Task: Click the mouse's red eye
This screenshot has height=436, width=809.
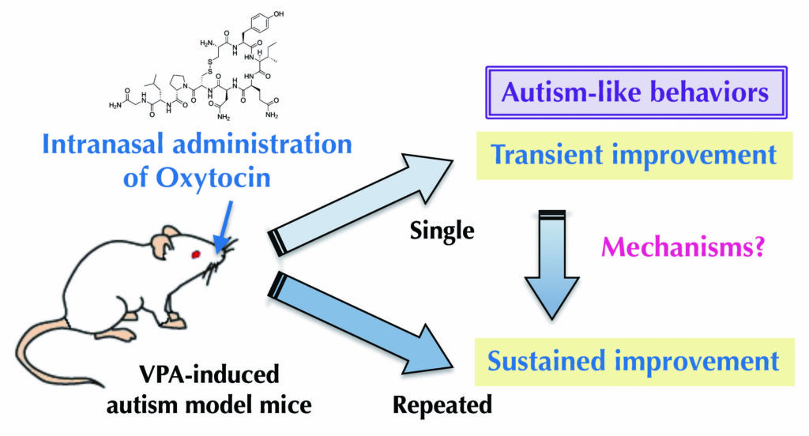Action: (x=196, y=254)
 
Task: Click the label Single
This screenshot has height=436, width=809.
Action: (x=442, y=231)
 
